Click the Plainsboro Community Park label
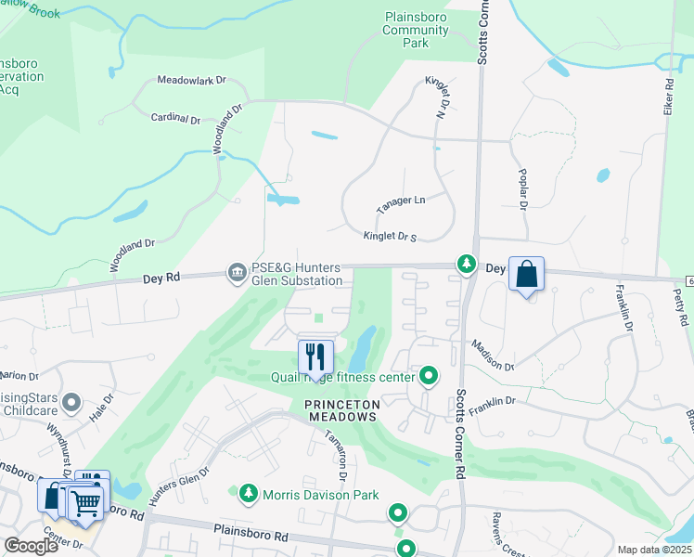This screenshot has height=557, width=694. (415, 30)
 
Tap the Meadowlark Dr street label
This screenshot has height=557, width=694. (191, 81)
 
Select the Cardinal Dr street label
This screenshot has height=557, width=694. (175, 119)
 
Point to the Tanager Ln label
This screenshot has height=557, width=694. (400, 200)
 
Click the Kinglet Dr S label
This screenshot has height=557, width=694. (390, 237)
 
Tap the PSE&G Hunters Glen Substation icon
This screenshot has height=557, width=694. (237, 272)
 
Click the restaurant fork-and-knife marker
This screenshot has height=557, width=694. (315, 356)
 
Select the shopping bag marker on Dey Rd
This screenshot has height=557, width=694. (526, 275)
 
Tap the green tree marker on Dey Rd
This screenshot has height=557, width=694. (465, 266)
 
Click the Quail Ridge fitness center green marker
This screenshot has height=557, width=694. (429, 376)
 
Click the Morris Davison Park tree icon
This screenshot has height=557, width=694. (248, 494)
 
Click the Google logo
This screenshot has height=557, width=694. (32, 546)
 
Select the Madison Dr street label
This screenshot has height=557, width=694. (490, 354)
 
